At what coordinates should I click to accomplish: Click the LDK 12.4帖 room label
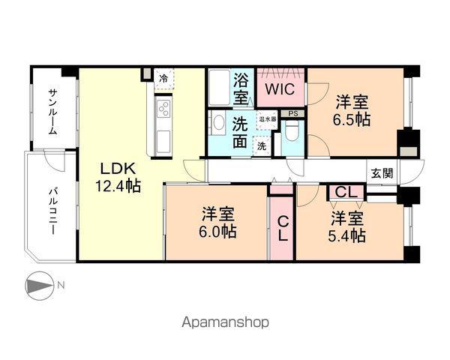pos(118,178)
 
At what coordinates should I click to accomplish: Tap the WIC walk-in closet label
pos(280,89)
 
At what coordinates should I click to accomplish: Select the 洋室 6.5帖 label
pos(352,111)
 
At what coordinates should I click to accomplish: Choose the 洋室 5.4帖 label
pos(347,226)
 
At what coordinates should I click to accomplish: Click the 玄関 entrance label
pos(382,173)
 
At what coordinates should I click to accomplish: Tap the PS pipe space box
pos(292,113)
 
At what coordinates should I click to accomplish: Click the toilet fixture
pos(292,130)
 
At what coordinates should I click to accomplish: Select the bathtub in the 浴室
pos(219,87)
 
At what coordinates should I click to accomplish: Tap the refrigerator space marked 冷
pos(163,79)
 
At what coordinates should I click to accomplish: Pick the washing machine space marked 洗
pos(262,146)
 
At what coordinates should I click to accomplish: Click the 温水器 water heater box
pos(268,118)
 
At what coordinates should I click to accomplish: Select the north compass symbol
pos(40,286)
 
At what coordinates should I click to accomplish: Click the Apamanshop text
pos(226,322)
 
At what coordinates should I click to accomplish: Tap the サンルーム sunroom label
pos(52,112)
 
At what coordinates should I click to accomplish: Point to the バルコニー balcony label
pos(52,211)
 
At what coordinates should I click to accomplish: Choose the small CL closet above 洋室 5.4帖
pos(346,192)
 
